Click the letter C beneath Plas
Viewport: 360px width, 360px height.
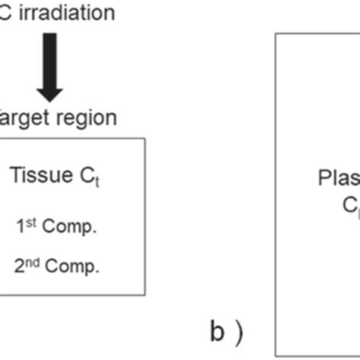(349, 206)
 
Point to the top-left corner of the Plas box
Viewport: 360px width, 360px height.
(275, 33)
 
